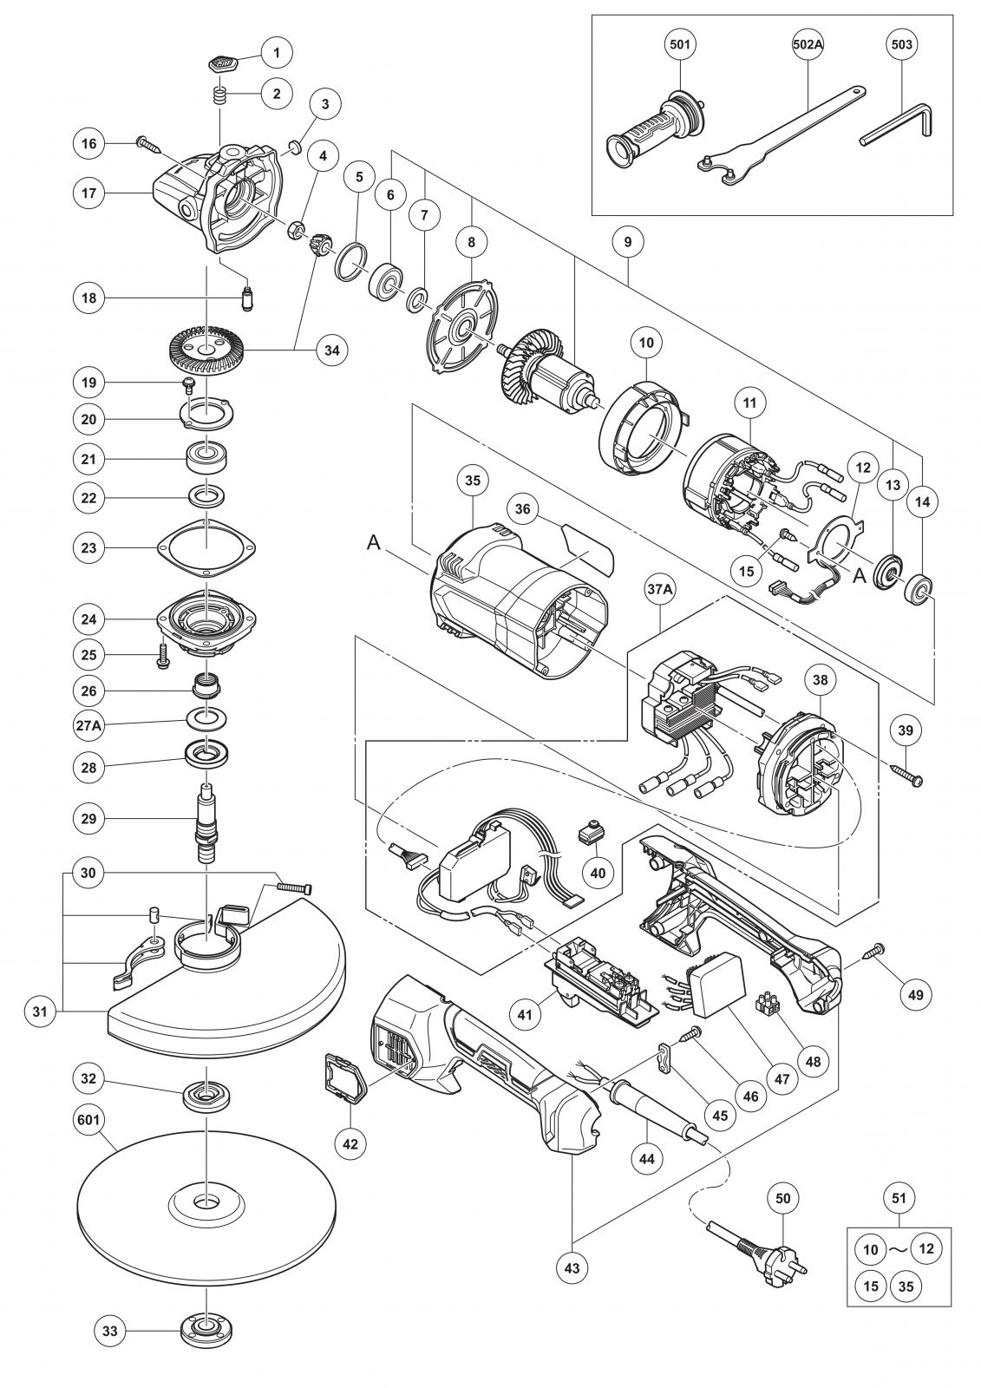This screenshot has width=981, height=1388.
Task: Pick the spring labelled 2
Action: (x=221, y=95)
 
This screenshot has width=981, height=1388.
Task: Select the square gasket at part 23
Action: (x=206, y=547)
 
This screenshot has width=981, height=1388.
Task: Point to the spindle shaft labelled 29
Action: (x=206, y=821)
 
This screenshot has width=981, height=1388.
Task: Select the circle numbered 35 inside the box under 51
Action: (x=906, y=1286)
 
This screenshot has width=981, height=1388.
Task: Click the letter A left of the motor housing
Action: (x=374, y=543)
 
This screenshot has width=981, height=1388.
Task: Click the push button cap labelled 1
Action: (x=220, y=64)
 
